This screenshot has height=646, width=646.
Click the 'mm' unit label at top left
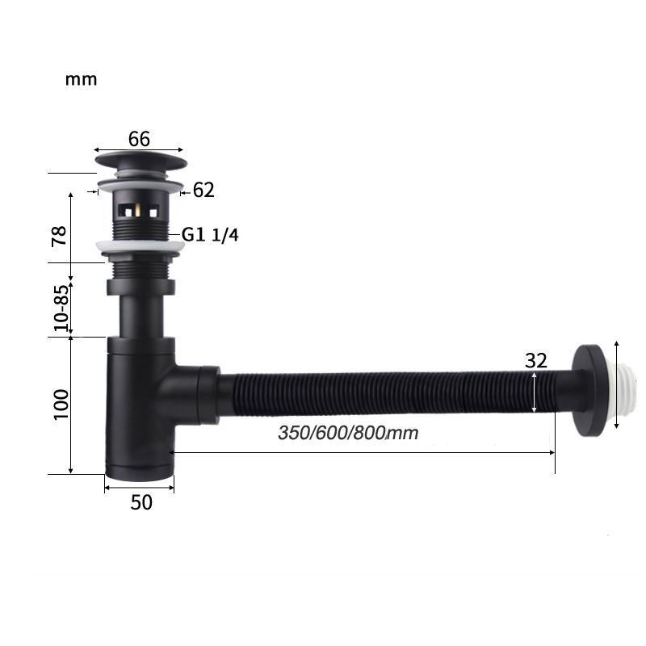click(x=82, y=79)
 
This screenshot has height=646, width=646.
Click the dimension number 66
click(x=139, y=139)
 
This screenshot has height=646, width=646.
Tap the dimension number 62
click(x=203, y=191)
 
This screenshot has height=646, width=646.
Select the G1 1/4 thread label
click(x=210, y=235)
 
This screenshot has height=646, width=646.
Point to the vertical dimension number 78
click(x=59, y=236)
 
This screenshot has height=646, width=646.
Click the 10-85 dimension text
click(x=61, y=308)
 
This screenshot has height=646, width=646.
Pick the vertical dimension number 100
click(x=61, y=405)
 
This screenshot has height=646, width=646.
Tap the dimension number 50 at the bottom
click(x=141, y=502)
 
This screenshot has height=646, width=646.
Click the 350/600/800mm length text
click(x=348, y=433)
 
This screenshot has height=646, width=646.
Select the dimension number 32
click(x=536, y=361)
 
